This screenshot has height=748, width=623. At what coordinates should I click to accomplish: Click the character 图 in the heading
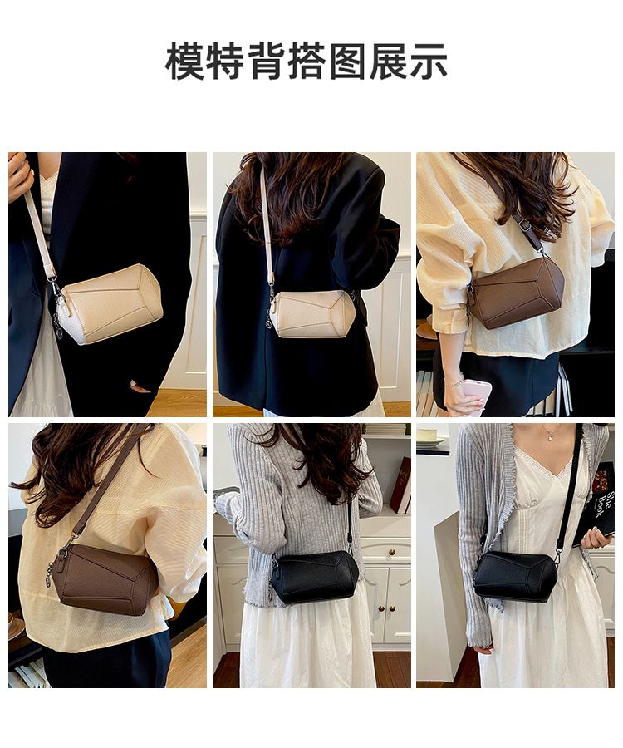pos(347,61)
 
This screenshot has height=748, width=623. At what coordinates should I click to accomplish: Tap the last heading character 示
pos(429,61)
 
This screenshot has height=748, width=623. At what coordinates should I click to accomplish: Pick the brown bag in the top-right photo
pos(516,293)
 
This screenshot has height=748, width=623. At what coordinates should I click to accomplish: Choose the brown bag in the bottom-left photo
pos(105,578)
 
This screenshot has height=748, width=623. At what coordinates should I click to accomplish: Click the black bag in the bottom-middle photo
pos(316,577)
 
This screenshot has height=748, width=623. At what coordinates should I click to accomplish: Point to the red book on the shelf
pos(401,485)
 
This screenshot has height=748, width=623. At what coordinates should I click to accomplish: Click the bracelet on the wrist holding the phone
pos(454,381)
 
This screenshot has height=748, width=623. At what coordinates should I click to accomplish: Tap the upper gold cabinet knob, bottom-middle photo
pos(392,553)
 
